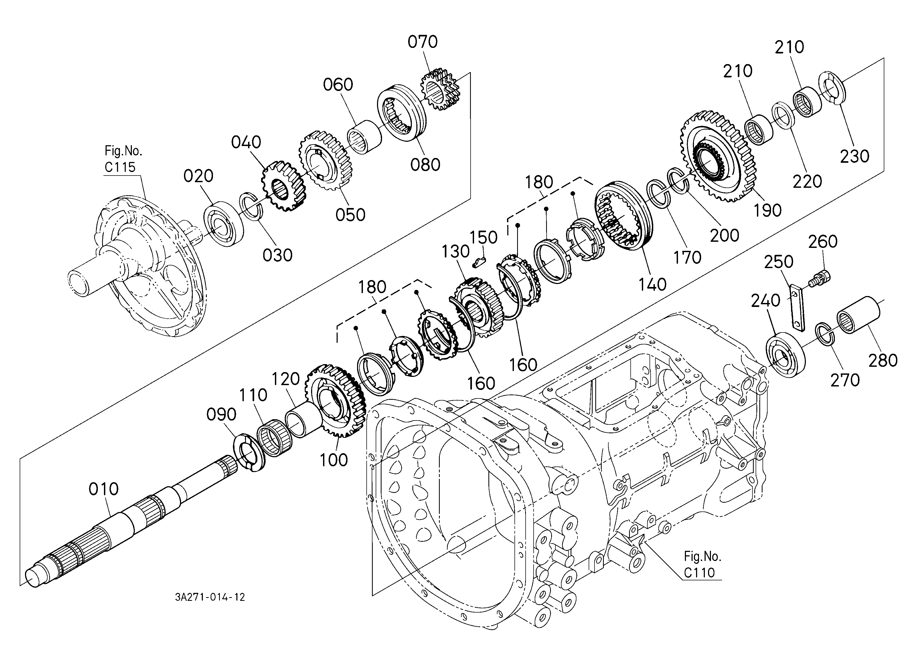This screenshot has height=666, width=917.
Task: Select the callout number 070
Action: [x=422, y=42]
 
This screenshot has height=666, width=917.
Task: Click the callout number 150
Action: [x=484, y=237]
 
